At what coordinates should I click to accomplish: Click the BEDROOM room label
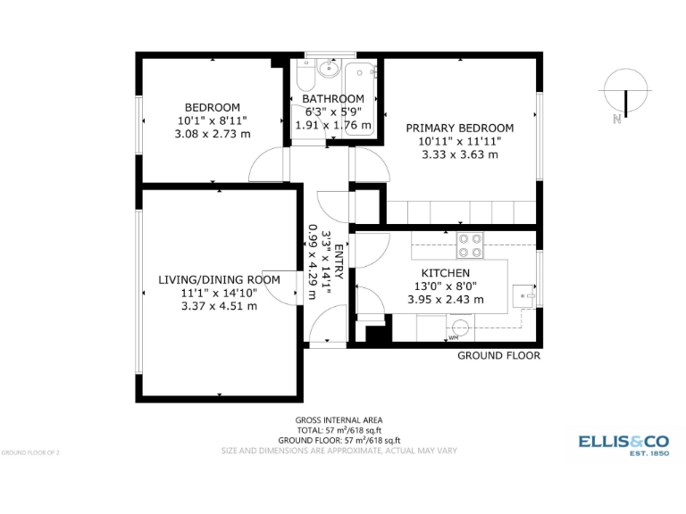(x=212, y=107)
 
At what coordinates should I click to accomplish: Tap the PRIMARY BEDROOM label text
(x=459, y=128)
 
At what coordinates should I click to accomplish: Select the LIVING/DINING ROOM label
(x=219, y=279)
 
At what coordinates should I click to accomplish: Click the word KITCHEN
(x=446, y=273)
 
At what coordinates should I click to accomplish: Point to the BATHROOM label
(x=333, y=99)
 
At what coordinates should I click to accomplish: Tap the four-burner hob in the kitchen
(x=470, y=245)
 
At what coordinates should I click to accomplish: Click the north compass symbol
(x=625, y=93)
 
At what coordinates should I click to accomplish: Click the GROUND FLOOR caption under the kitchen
(x=498, y=355)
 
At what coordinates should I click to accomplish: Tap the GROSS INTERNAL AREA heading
(x=339, y=420)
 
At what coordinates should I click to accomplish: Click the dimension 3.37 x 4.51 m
(x=219, y=305)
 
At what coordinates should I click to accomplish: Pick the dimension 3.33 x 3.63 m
(x=459, y=154)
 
